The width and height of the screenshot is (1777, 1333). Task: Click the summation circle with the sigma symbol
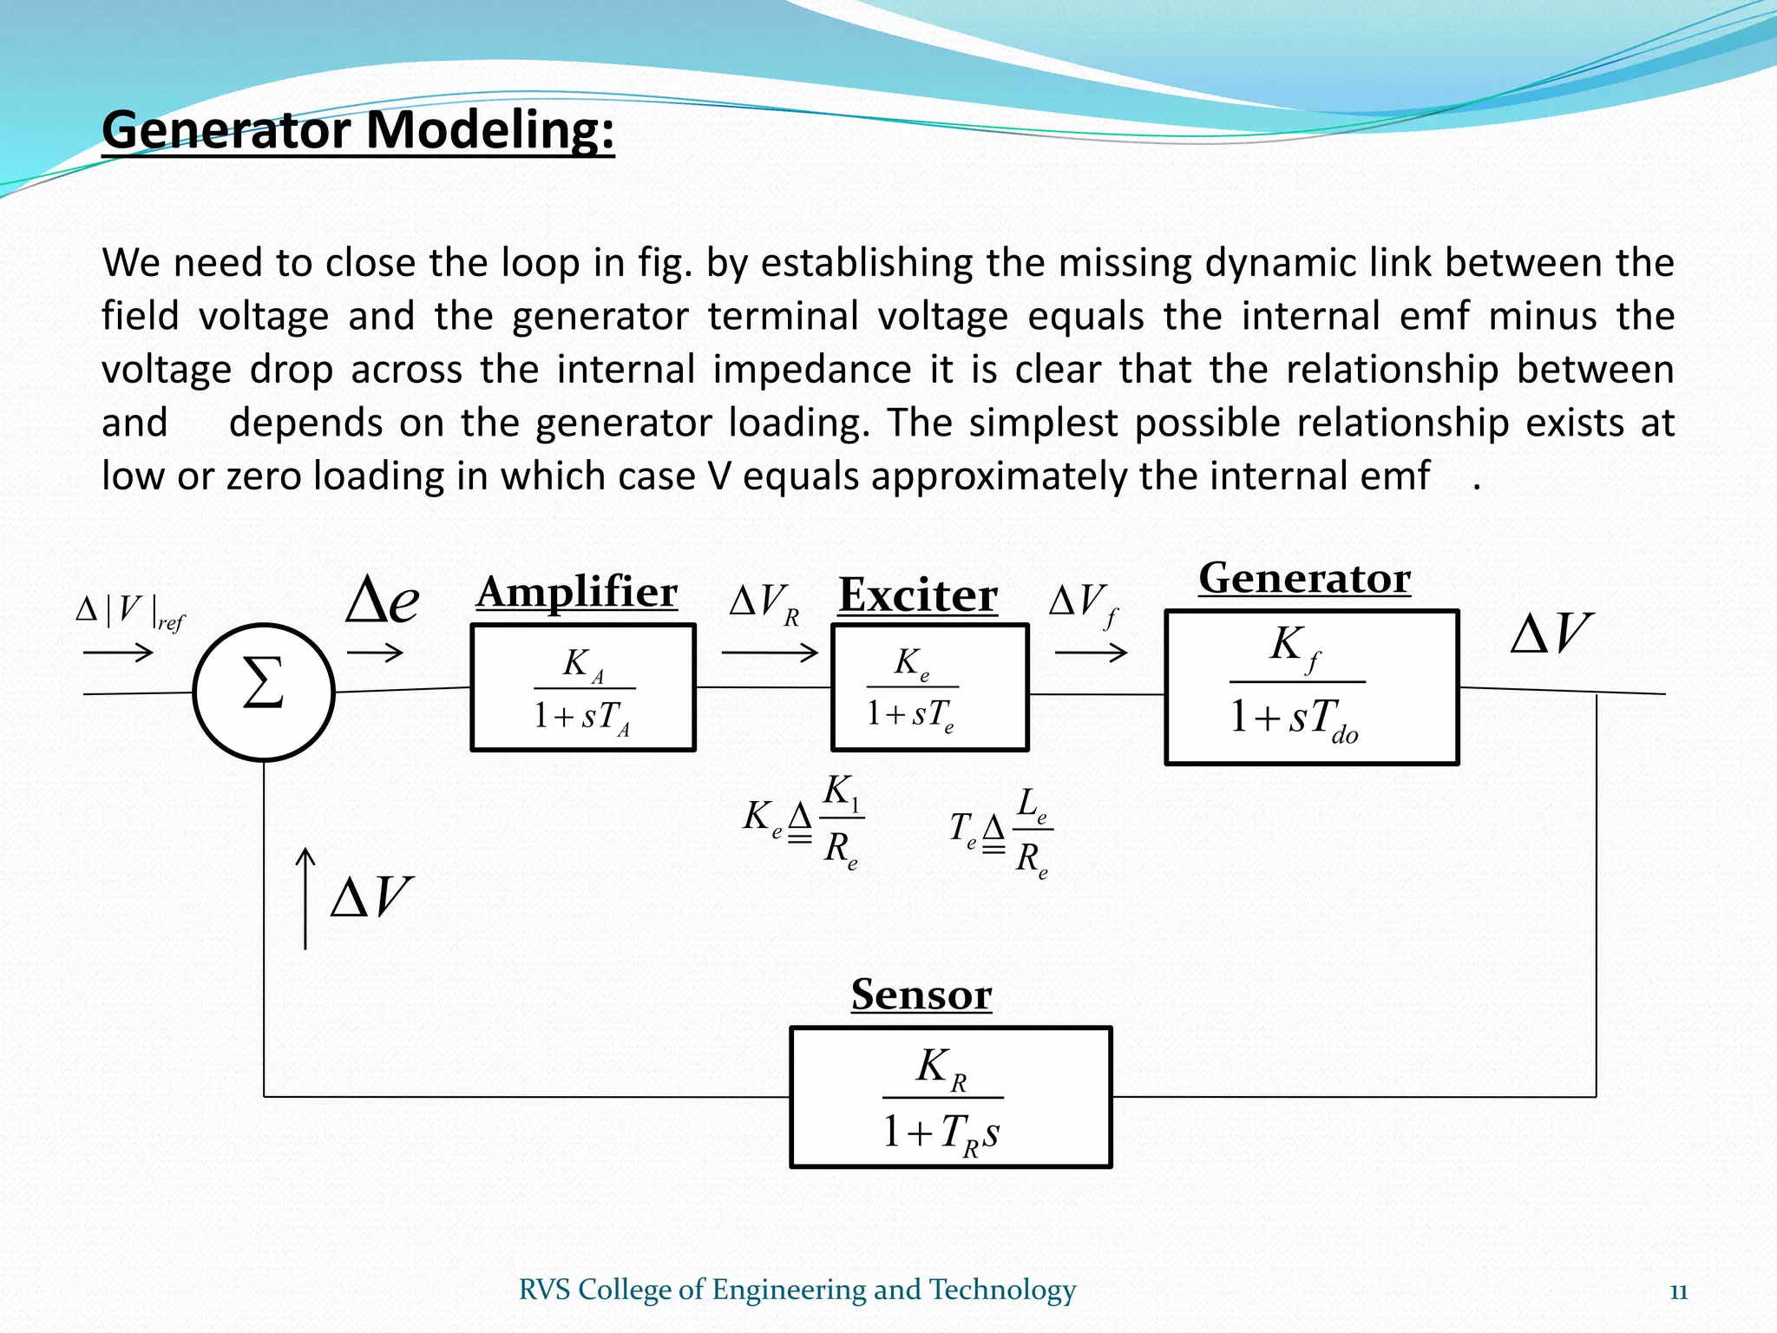pos(264,692)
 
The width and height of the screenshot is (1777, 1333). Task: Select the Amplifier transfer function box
pos(583,687)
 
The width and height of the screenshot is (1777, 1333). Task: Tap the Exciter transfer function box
pos(929,687)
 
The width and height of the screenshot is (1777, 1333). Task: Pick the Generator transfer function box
pos(1311,687)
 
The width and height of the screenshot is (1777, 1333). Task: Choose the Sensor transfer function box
pos(950,1097)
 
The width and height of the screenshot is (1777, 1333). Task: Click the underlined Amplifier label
pos(577,593)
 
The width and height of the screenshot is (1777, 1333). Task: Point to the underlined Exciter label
pos(918,596)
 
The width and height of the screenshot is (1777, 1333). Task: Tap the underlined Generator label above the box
pos(1305,579)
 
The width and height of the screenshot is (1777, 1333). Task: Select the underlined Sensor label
pos(921,995)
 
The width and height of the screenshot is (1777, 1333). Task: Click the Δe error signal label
pos(382,601)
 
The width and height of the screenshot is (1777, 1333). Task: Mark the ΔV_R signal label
pos(764,602)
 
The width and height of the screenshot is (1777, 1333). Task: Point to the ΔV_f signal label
pos(1084,602)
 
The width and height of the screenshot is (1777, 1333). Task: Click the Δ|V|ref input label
pos(130,611)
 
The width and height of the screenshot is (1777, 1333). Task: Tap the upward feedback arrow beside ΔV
pos(305,898)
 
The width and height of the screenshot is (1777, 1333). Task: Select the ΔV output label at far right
pos(1551,633)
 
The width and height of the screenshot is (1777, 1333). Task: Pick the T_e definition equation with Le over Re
pos(1000,832)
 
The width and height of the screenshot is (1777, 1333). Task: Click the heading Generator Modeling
pos(358,131)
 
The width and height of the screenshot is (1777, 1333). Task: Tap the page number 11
pos(1678,1292)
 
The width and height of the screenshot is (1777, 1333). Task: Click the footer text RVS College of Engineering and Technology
pos(797,1290)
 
